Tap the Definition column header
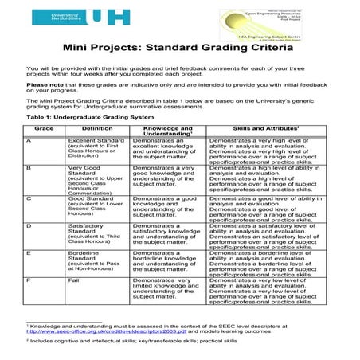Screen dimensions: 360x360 point(97,127)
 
